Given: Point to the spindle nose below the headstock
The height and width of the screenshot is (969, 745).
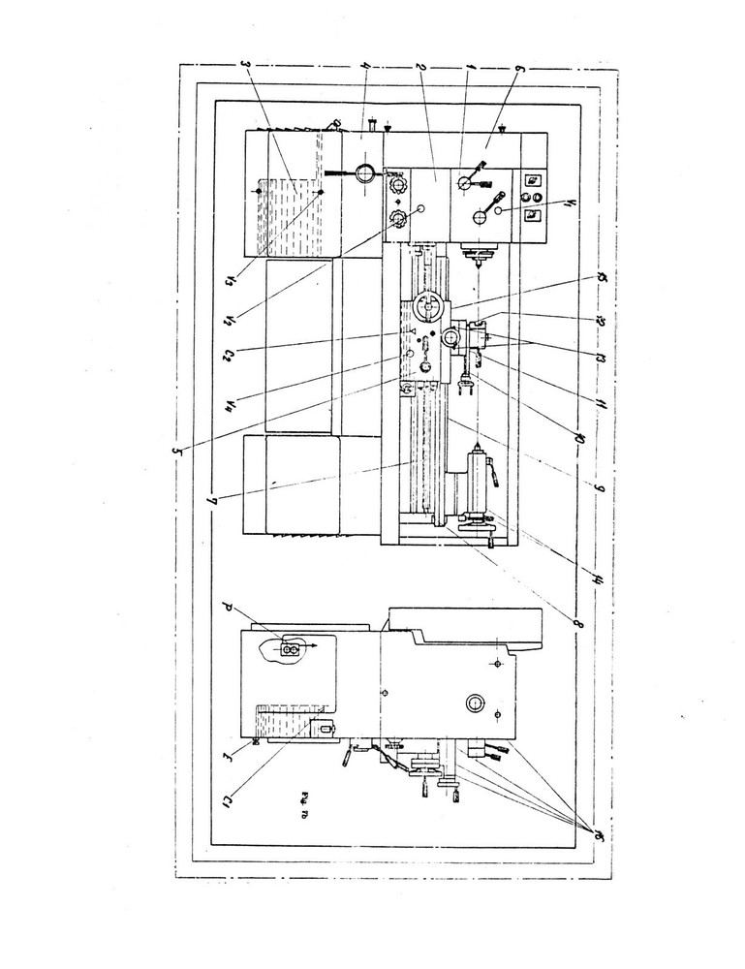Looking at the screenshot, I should pos(477,256).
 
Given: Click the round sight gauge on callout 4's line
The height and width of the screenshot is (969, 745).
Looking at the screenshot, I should pos(365,173).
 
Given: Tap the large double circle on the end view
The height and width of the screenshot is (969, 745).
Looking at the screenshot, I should pos(475,703).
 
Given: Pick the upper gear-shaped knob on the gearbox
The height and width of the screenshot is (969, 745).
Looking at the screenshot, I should pos(396,184).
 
